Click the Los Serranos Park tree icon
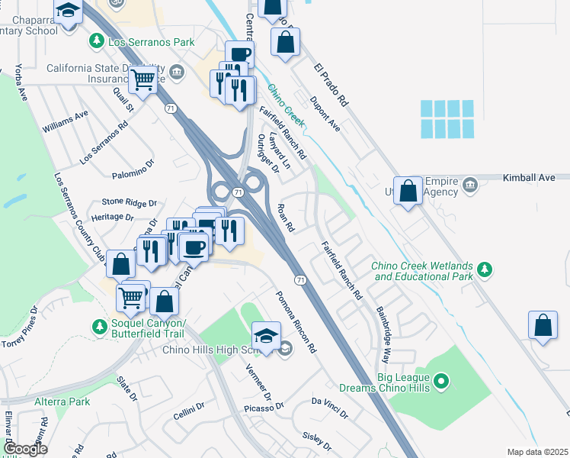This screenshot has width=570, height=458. point(98,41)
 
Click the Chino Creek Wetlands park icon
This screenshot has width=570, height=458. point(483,269)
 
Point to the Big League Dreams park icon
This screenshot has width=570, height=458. point(440,380)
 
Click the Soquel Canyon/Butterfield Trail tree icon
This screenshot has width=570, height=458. point(99,326)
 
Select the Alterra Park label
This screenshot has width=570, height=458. point(62,402)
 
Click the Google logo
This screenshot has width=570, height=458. point(25,449)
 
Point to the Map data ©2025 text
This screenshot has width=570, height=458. point(536,452)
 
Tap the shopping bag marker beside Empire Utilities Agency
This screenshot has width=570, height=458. point(409,192)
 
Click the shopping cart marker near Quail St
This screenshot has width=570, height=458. point(142,79)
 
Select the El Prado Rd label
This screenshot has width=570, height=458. point(331,84)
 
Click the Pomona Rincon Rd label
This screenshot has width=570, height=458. point(296,321)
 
